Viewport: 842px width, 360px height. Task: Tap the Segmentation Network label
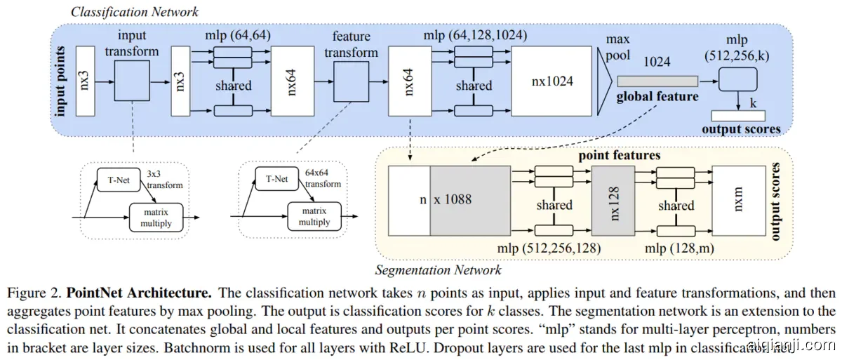pos(439,269)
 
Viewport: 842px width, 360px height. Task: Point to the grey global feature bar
pos(657,81)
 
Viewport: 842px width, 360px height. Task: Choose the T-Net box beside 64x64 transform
pos(276,179)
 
